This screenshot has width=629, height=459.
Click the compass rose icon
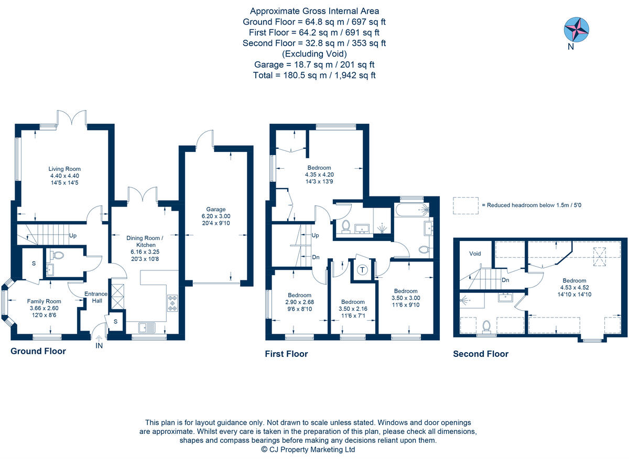576,29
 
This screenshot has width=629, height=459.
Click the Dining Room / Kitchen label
145,242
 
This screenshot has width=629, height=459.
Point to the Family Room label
44,301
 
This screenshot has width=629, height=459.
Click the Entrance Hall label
95,297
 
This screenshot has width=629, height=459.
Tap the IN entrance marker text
100,346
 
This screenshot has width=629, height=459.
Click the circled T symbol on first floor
362,270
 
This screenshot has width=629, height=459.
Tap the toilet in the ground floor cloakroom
57,256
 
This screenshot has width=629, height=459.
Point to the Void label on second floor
475,254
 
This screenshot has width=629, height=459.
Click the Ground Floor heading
38,351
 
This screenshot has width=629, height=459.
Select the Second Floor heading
481,354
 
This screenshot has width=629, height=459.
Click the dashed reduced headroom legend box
465,205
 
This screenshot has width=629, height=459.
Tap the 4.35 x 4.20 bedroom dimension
319,174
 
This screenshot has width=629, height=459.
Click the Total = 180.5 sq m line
314,75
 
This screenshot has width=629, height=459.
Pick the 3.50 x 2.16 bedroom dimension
353,309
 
